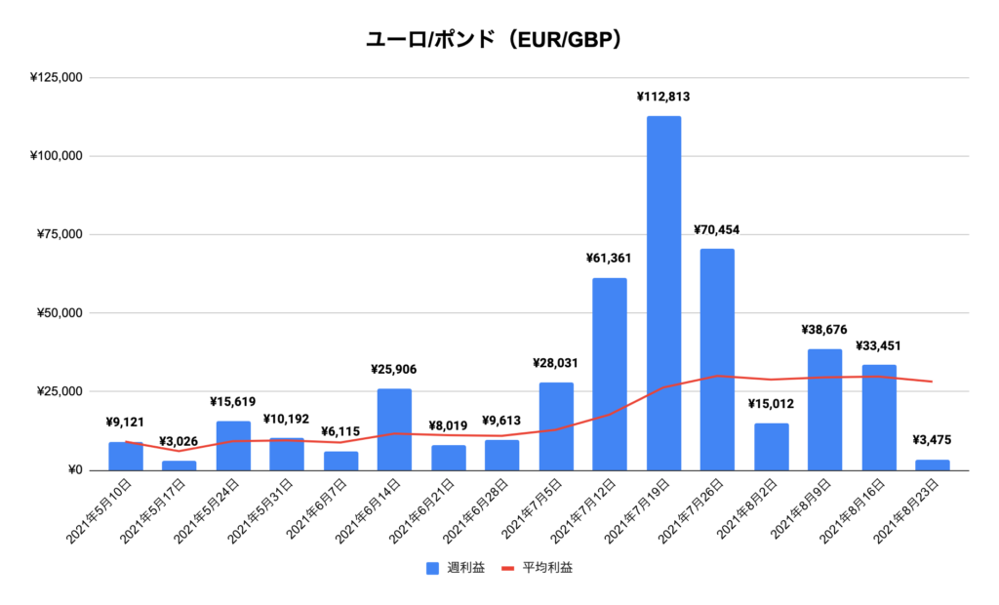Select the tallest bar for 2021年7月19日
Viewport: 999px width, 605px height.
click(x=663, y=293)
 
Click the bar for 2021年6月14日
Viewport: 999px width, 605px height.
click(x=394, y=429)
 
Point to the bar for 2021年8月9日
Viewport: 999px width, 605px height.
click(x=824, y=410)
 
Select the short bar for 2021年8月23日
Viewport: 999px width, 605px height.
click(x=933, y=465)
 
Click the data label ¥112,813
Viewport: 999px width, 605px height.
click(x=663, y=97)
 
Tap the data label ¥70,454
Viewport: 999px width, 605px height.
click(x=717, y=230)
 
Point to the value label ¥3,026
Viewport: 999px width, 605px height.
click(x=179, y=441)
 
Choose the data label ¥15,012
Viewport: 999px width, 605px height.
click(x=771, y=404)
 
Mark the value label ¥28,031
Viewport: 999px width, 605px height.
click(x=556, y=363)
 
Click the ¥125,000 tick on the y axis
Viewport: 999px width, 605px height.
click(x=56, y=77)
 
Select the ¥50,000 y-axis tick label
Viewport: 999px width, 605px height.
click(x=59, y=313)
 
